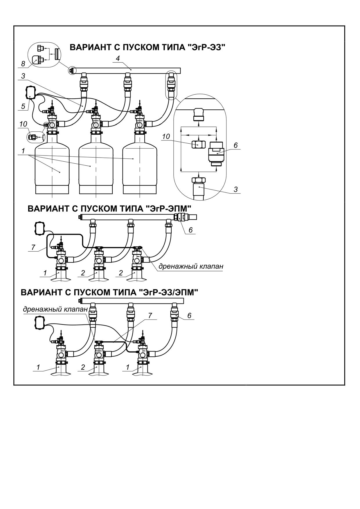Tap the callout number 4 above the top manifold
118,58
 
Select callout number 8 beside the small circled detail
23,64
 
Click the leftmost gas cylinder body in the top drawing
52,168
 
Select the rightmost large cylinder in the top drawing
140,168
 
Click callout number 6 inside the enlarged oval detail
235,145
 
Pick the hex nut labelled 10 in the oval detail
198,144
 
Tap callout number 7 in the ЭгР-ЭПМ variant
33,248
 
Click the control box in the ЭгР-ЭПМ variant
39,228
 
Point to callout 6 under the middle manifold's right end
190,230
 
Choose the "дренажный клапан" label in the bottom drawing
55,309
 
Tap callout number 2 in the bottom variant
83,367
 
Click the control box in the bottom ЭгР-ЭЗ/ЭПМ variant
39,323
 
